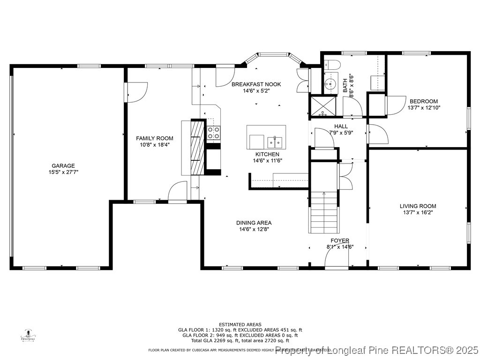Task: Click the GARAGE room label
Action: (x=63, y=165)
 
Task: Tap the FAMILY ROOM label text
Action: (x=155, y=138)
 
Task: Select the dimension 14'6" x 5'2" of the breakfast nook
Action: (x=256, y=91)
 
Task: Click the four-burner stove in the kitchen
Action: (x=213, y=133)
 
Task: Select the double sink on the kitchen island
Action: (x=275, y=142)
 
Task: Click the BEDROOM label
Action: (x=424, y=101)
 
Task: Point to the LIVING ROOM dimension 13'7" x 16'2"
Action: (x=418, y=213)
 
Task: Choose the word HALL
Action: (x=341, y=126)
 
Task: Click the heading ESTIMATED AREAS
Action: (x=240, y=324)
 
